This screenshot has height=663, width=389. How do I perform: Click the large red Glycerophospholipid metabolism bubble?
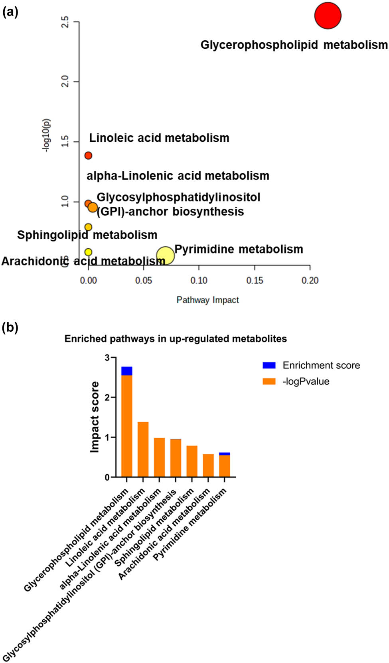(328, 16)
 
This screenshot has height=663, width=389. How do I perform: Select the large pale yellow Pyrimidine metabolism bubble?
(165, 255)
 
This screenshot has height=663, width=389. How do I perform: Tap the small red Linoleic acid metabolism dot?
(88, 155)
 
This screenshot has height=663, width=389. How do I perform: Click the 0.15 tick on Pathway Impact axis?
(255, 281)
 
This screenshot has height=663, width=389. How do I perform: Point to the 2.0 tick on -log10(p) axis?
(65, 82)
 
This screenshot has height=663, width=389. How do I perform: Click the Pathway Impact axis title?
(207, 300)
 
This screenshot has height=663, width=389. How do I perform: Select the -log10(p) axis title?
(46, 135)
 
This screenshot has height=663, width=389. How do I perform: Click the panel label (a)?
(10, 12)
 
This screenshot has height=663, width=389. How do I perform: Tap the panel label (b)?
(10, 327)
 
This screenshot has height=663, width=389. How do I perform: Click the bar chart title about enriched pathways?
(176, 339)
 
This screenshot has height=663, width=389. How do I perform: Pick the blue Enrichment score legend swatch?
(269, 365)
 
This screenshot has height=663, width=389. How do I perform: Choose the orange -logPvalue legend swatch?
(269, 381)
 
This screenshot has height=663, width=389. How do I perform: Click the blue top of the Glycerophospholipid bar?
(127, 371)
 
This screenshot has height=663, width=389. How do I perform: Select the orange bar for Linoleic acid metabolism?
(143, 449)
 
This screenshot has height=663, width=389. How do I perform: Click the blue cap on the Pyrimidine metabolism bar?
(225, 453)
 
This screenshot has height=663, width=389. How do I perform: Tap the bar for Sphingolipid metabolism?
(192, 461)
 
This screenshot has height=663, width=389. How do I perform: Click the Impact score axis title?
(95, 417)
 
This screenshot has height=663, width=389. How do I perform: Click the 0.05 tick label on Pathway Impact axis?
(143, 281)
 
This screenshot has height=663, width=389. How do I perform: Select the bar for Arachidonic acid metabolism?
(208, 465)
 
